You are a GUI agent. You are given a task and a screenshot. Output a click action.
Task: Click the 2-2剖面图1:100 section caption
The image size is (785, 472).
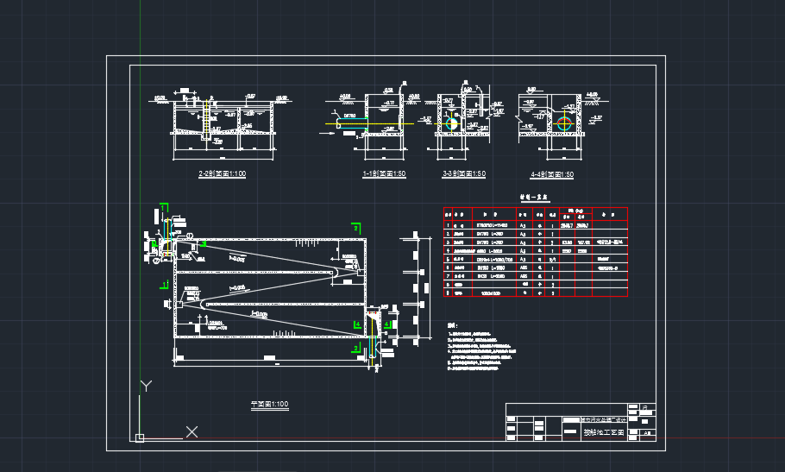pos(223,173)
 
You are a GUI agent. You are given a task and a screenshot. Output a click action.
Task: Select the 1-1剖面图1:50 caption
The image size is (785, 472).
pos(384,173)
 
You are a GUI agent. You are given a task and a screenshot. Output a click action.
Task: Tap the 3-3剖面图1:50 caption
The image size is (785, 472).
pos(463,173)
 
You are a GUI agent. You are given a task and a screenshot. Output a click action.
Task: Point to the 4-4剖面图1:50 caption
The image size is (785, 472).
pos(552,173)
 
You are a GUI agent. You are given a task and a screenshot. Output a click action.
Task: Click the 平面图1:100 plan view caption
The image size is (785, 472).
pos(269,403)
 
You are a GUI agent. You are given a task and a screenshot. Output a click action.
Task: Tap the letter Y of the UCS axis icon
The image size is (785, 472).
pos(148,385)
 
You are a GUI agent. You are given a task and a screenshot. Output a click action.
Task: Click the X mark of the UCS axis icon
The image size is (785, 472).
pos(192,431)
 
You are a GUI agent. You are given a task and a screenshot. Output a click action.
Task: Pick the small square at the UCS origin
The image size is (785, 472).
pos(139,437)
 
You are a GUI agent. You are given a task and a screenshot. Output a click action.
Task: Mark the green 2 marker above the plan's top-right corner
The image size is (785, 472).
pos(355,227)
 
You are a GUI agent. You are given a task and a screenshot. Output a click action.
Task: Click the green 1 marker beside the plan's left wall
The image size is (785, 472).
pos(163,283)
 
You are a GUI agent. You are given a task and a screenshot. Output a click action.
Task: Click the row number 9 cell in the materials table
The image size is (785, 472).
pos(448,292)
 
